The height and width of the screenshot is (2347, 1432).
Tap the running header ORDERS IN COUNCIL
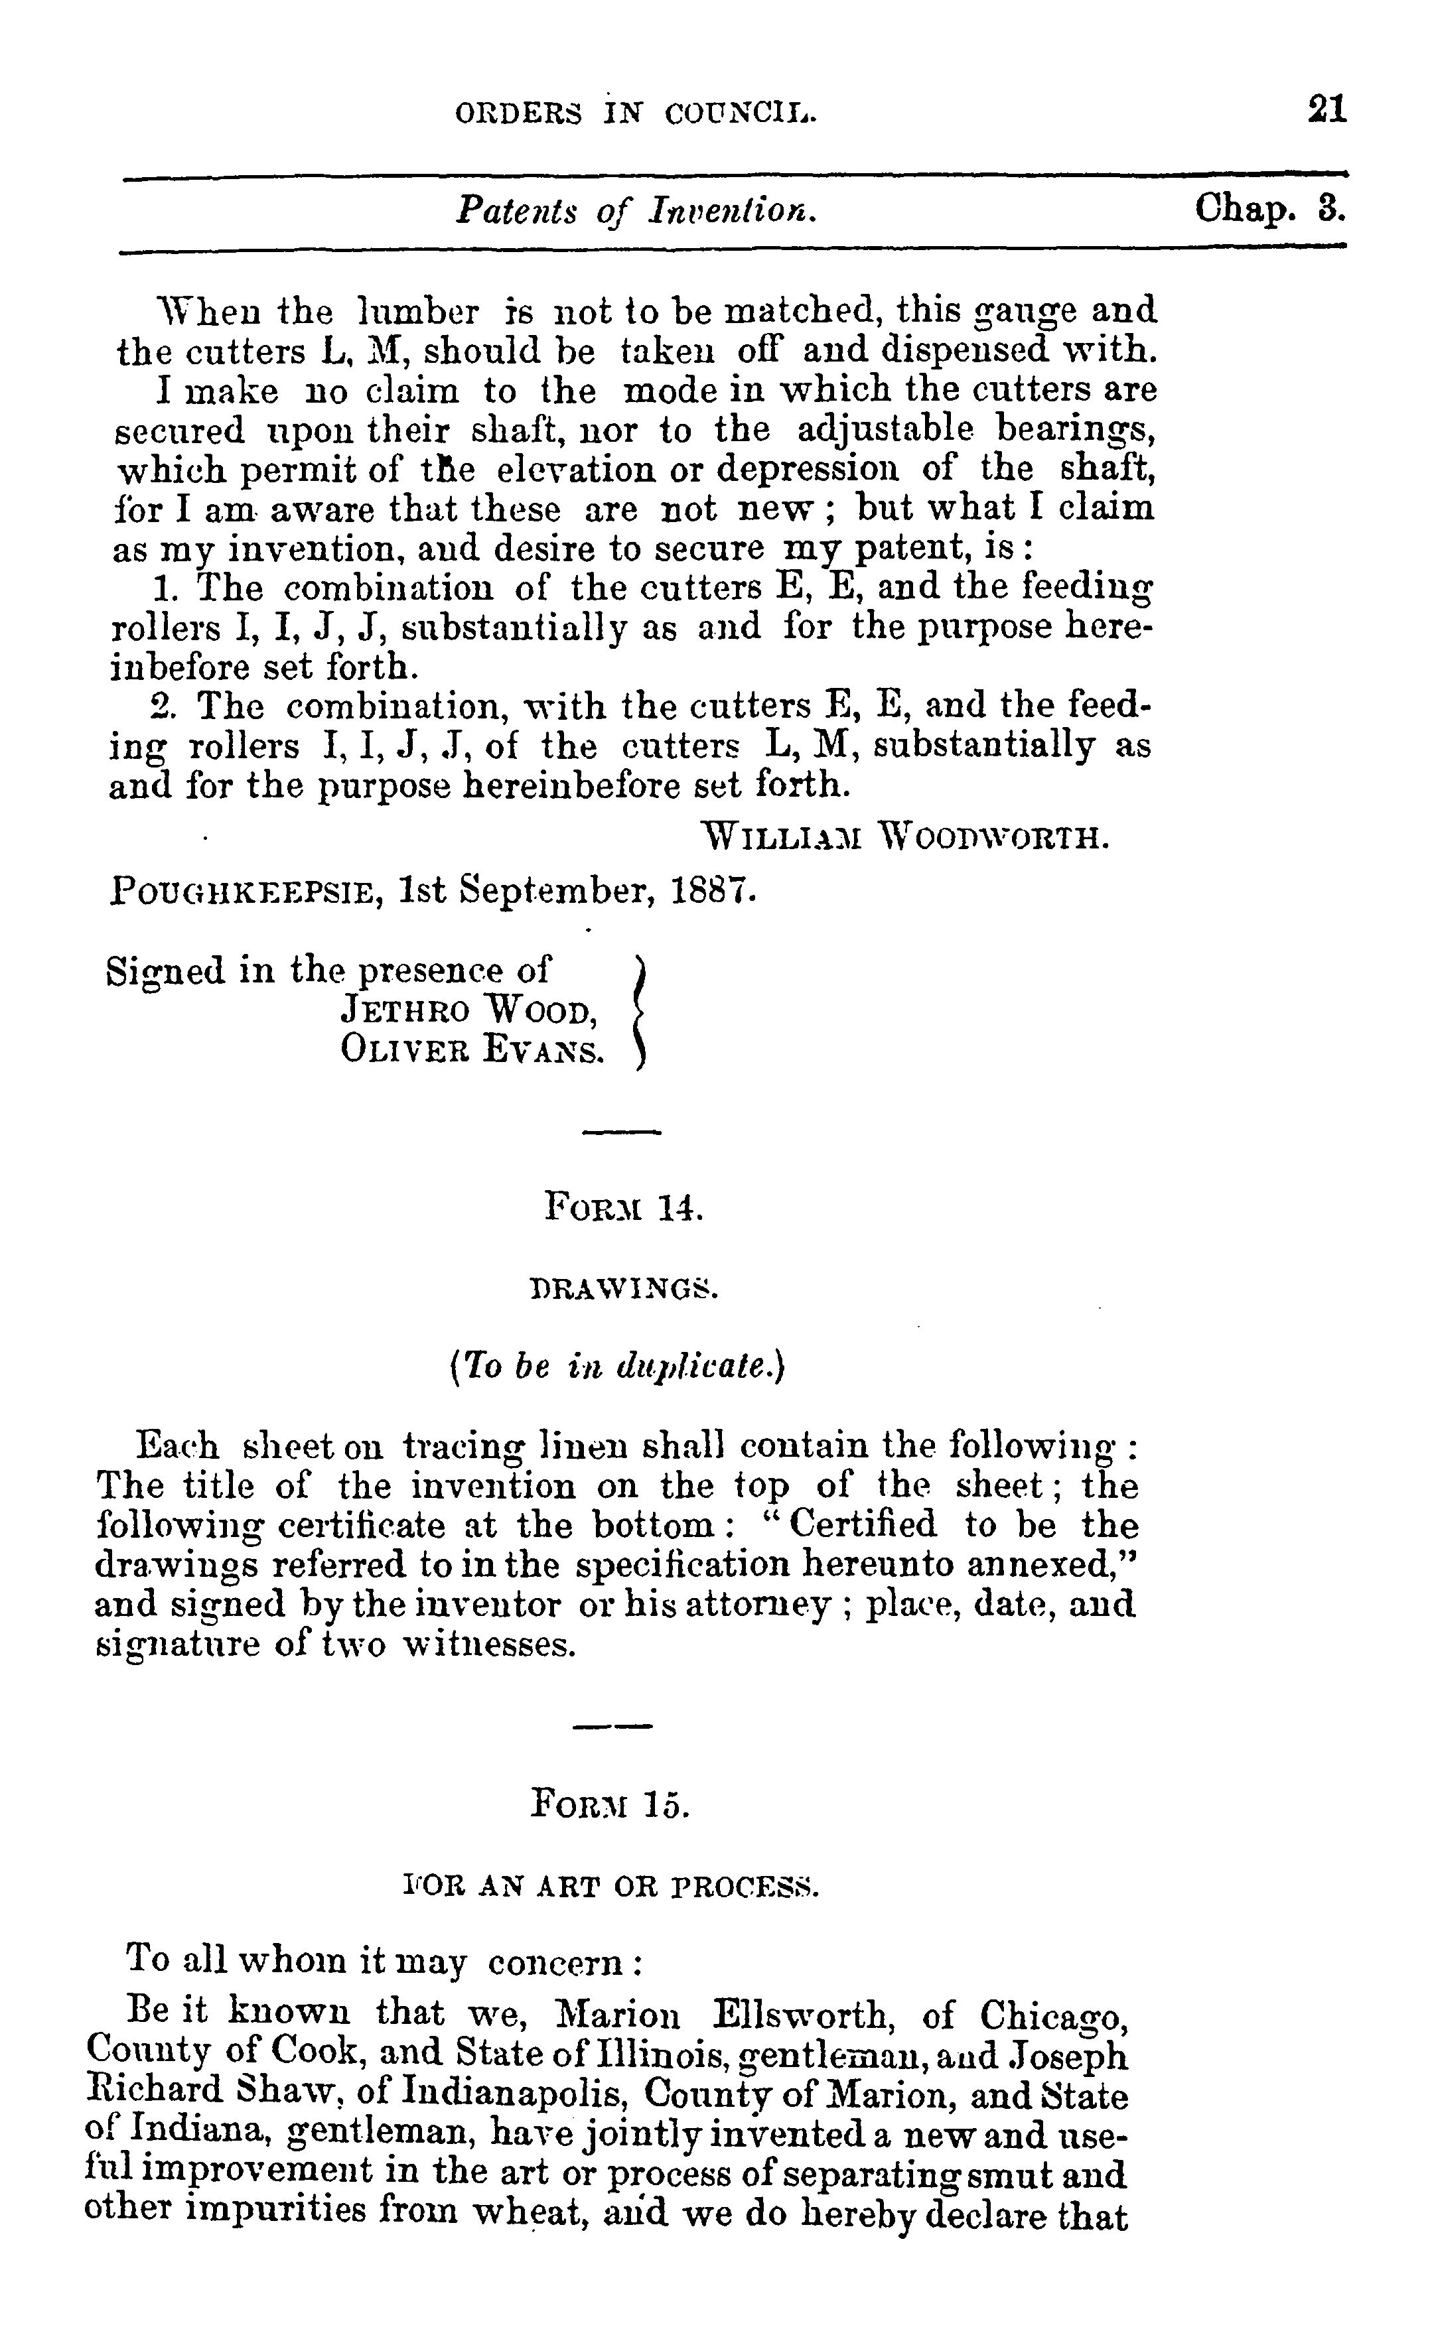coord(636,114)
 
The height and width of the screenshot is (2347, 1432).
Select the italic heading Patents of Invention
coord(636,210)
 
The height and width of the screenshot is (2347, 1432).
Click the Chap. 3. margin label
coord(1270,208)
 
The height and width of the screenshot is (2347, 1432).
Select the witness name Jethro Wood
coord(468,1010)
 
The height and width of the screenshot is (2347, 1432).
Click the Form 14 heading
coord(624,1208)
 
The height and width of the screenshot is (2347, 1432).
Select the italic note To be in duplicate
coord(616,1368)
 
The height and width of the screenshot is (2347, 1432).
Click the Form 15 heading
coord(610,1802)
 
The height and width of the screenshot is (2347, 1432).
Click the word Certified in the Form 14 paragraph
coord(863,1525)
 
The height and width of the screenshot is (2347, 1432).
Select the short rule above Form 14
coord(621,1132)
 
